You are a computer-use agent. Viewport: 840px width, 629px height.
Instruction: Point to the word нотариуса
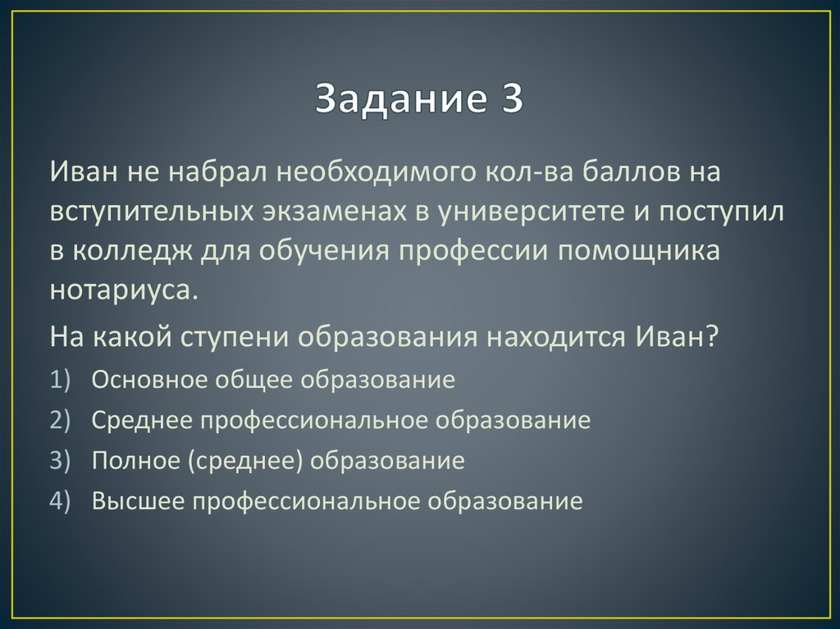point(123,291)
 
